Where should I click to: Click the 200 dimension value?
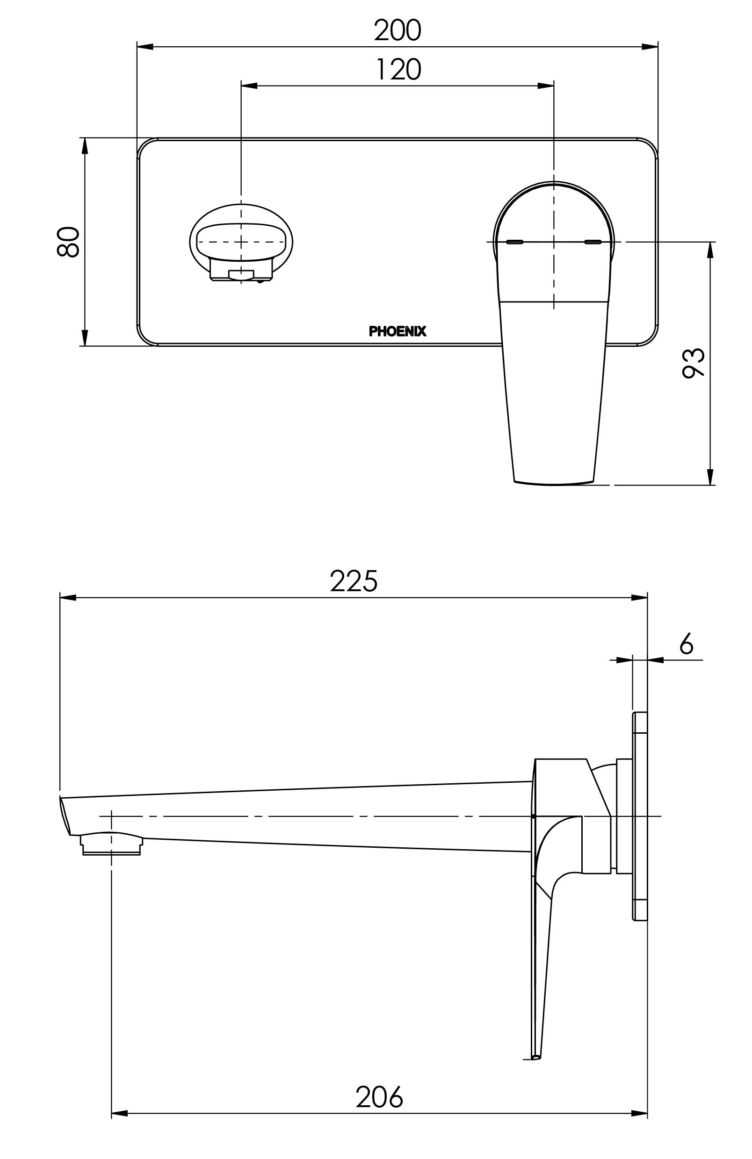397,30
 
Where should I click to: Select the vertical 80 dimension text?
68,242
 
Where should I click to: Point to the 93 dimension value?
693,363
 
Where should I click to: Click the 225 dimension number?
354,581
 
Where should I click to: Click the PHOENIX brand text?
397,332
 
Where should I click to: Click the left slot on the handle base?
514,242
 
